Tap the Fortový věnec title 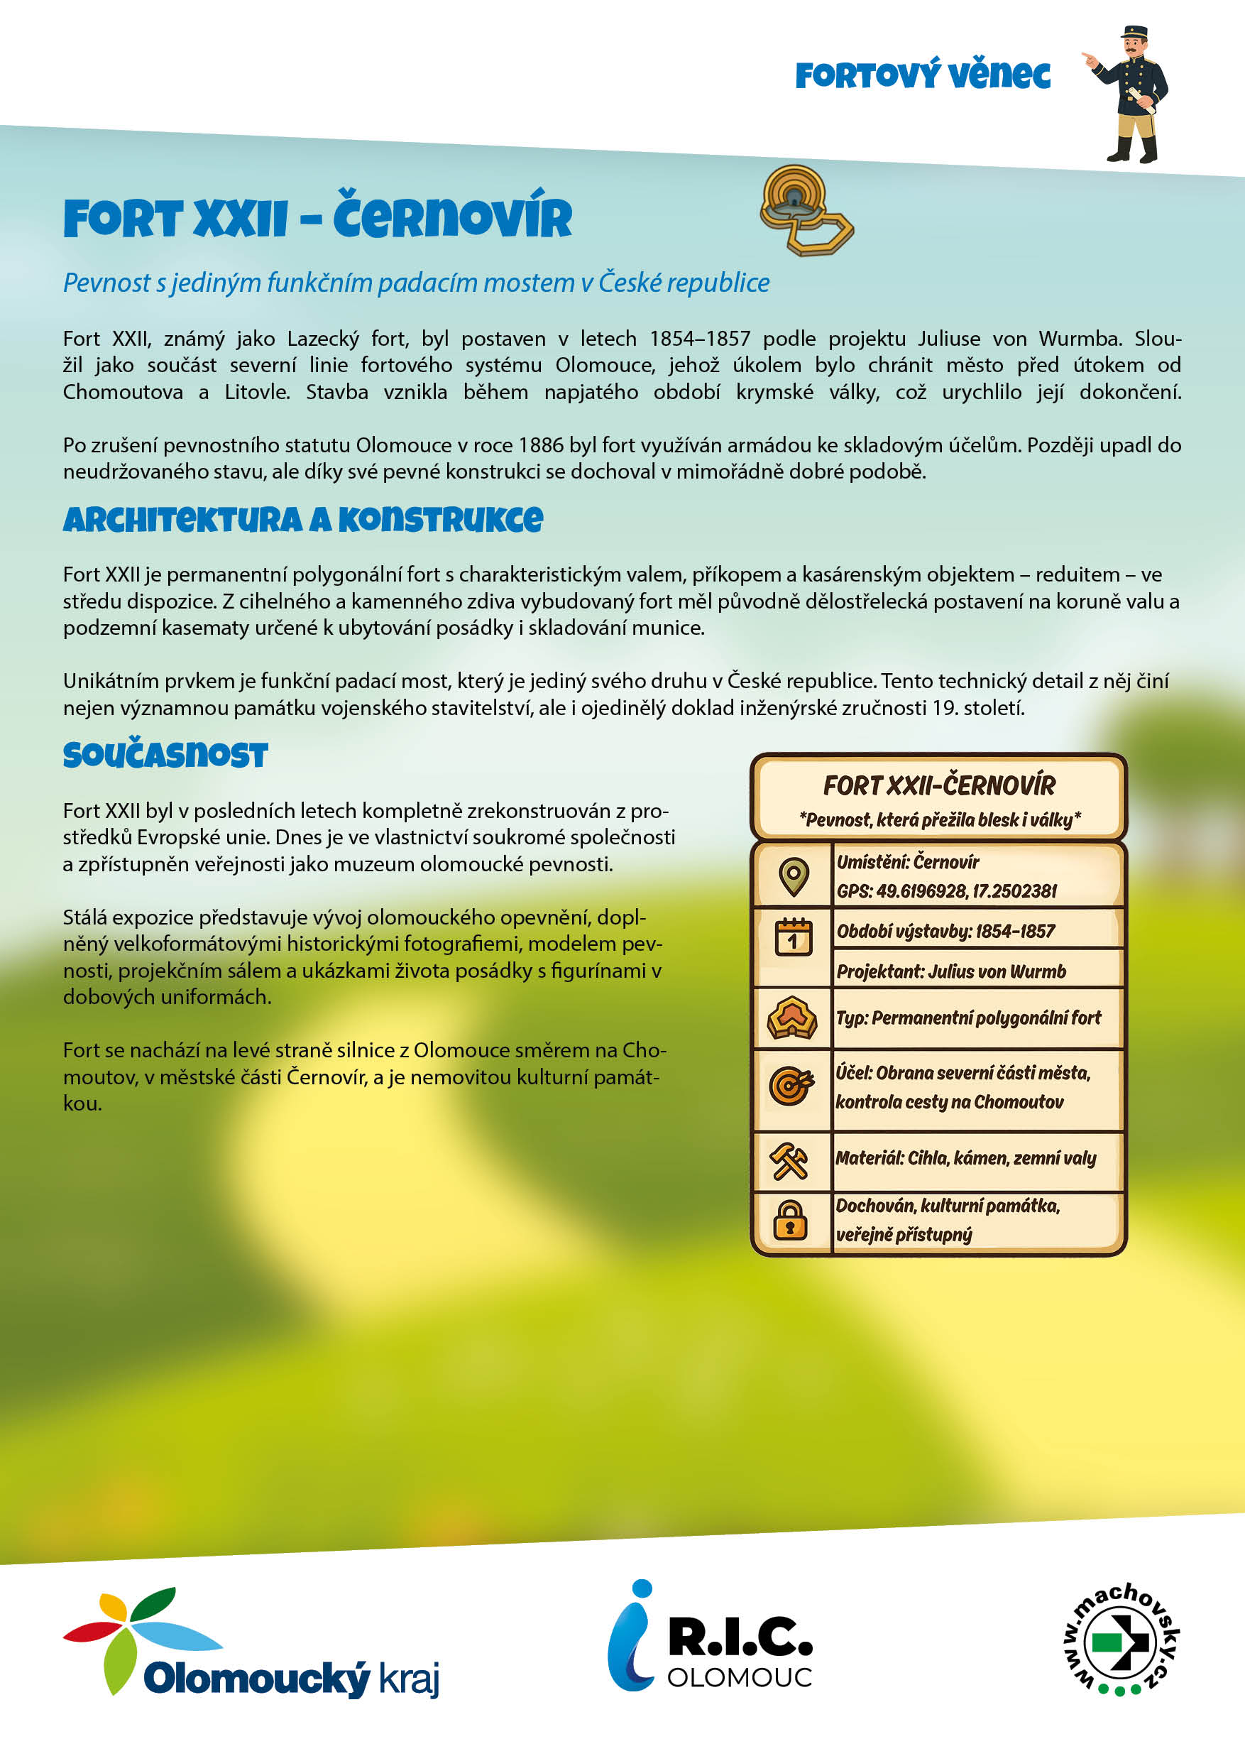[x=922, y=75]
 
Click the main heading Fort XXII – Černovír [x=317, y=218]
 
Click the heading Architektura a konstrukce [x=303, y=520]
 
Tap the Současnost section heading [x=165, y=756]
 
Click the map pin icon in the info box [x=793, y=876]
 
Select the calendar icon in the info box [x=793, y=937]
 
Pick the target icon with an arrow [x=791, y=1086]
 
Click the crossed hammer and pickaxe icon [x=789, y=1160]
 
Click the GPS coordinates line [x=946, y=891]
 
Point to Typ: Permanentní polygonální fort [x=968, y=1018]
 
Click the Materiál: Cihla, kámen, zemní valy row [x=965, y=1158]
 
